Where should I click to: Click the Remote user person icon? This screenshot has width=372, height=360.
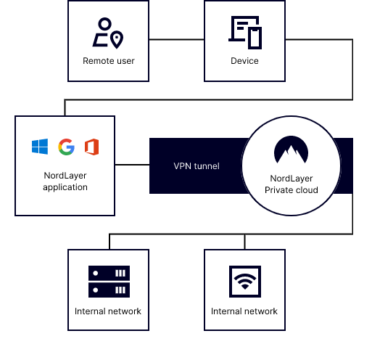tap(101, 32)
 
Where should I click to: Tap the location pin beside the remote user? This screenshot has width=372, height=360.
tap(117, 40)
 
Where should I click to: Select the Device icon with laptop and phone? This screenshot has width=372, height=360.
tap(245, 33)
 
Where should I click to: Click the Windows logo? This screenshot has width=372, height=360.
tap(40, 147)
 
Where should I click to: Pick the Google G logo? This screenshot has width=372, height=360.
tap(66, 147)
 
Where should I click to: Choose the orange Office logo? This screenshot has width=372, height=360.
tap(91, 147)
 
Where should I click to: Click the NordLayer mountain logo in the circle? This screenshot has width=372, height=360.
tap(291, 150)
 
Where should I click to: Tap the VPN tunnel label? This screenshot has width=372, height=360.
tap(197, 166)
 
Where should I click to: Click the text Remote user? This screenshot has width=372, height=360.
tap(109, 61)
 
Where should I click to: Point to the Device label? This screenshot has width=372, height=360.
tap(244, 61)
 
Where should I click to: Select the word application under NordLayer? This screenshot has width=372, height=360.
tap(65, 187)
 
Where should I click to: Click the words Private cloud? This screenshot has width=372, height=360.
tap(292, 190)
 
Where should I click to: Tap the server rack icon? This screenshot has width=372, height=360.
tap(109, 282)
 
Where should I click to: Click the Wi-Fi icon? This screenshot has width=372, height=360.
tap(245, 282)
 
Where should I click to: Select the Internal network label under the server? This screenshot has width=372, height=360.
tap(108, 311)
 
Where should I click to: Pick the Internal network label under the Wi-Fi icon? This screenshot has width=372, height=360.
tap(244, 311)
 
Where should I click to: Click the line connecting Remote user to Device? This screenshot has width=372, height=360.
tap(177, 39)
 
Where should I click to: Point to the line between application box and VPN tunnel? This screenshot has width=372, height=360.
tap(132, 165)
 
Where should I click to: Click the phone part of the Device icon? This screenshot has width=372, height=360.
tap(255, 38)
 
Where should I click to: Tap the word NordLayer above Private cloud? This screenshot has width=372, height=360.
tap(292, 179)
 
